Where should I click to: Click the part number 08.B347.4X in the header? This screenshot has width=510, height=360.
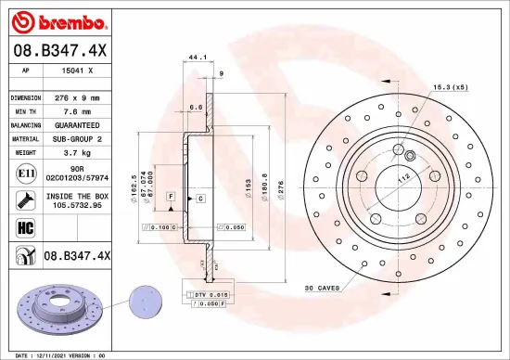(x=60, y=50)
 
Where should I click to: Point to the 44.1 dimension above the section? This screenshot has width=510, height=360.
(x=197, y=58)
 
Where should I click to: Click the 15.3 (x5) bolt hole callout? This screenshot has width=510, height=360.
(x=448, y=87)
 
